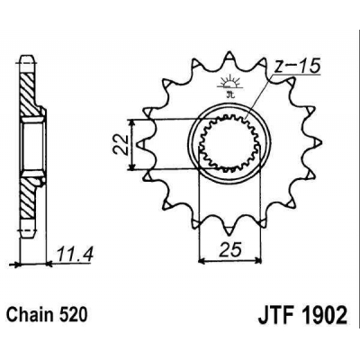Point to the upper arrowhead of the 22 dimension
pyautogui.click(x=135, y=121)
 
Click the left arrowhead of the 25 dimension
pyautogui.click(x=200, y=261)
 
